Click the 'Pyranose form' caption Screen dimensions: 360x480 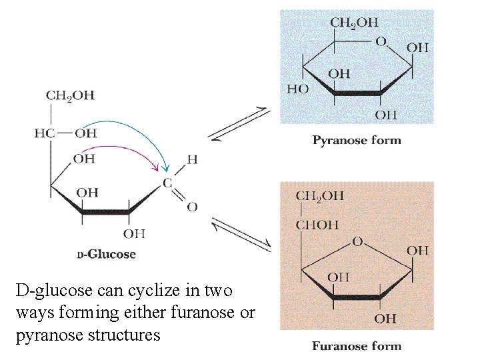tap(357, 140)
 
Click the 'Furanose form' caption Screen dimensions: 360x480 tap(356, 346)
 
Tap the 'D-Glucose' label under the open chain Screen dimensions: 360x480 tap(106, 254)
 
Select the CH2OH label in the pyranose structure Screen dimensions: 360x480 tap(353, 23)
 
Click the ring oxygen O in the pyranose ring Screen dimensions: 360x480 tap(381, 41)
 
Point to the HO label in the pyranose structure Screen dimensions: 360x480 tap(297, 89)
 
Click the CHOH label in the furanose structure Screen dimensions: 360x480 tap(317, 224)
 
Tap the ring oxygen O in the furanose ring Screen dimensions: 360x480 tap(357, 241)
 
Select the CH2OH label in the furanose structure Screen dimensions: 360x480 tap(319, 196)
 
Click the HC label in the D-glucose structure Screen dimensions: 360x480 tap(44, 133)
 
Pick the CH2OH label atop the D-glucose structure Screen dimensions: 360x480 tap(70, 95)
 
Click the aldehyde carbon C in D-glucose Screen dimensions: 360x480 tap(167, 182)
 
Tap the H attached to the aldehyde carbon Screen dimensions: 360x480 tap(192, 159)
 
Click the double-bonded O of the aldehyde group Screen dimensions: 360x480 tap(192, 207)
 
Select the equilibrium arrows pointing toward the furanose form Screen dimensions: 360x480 tap(241, 233)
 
